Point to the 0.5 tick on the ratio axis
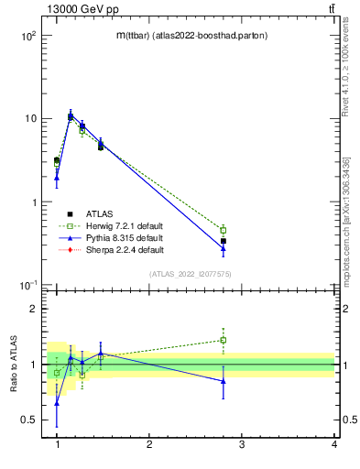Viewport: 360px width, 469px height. pos(30,420)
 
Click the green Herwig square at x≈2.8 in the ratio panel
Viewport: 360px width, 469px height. pos(224,340)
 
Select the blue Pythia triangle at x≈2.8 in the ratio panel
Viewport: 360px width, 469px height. pos(224,381)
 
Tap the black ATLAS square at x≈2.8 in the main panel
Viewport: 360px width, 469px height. pos(224,241)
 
